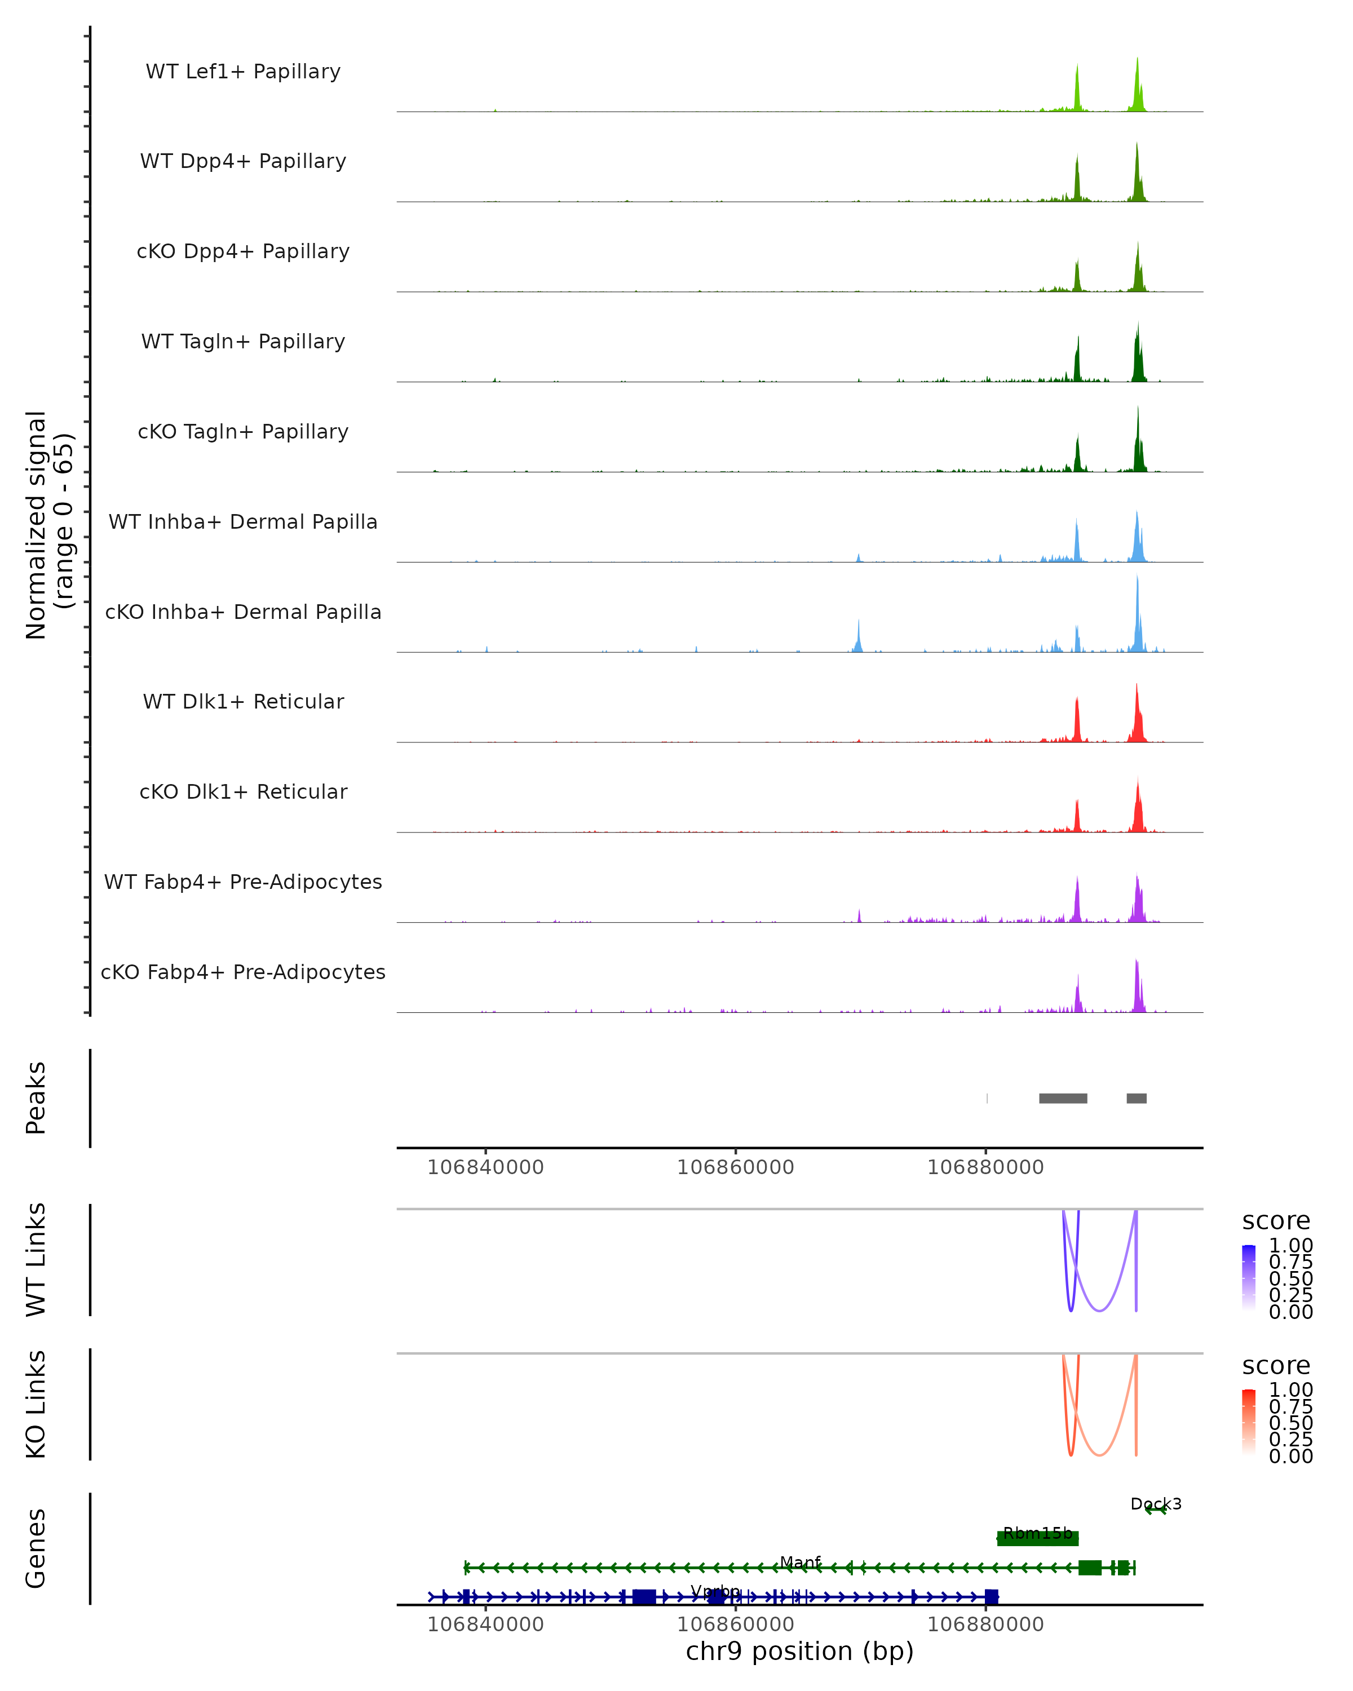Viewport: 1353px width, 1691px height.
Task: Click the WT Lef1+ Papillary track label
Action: (x=243, y=72)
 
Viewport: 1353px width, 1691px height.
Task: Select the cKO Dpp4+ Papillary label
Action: (x=243, y=252)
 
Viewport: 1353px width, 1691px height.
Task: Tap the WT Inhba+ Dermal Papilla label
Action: (x=243, y=523)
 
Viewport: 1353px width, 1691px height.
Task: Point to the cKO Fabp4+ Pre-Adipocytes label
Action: (x=243, y=972)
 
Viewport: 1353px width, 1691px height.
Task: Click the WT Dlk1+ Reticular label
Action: (x=243, y=702)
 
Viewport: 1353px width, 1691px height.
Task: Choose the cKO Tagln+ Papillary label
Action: (x=243, y=432)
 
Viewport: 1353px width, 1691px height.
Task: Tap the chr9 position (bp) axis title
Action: (x=799, y=1651)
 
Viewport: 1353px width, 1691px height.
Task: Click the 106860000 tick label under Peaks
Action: (x=735, y=1167)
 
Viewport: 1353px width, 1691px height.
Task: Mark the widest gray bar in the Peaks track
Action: (x=1063, y=1098)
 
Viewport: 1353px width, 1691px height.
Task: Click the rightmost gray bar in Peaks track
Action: (x=1136, y=1098)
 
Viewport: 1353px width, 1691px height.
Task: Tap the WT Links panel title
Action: (x=36, y=1260)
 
